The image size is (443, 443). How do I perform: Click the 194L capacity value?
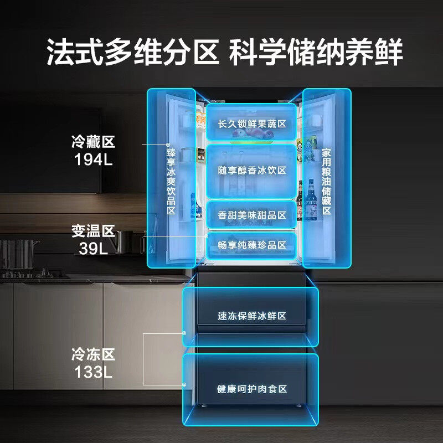(93, 159)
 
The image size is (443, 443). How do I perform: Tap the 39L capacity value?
(93, 249)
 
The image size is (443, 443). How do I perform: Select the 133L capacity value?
(93, 372)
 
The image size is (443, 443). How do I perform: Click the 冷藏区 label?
(93, 142)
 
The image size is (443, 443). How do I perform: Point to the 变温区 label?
(93, 231)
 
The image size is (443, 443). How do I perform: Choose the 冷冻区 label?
(93, 354)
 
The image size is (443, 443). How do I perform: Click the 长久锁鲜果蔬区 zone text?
(252, 123)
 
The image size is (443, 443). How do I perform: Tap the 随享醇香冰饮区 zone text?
(252, 171)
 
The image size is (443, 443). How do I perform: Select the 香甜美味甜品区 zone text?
(252, 215)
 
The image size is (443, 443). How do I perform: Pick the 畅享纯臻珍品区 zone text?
(252, 245)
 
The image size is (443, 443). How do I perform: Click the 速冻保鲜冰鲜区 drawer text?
(252, 316)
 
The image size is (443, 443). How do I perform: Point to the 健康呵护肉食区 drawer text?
(252, 389)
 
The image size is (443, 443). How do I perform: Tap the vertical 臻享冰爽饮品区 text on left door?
(171, 182)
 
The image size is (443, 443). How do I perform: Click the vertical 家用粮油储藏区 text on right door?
(326, 182)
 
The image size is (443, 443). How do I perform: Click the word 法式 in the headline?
(75, 52)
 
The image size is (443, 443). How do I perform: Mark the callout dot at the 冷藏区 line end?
(168, 145)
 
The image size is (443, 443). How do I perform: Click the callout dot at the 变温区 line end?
(206, 236)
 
